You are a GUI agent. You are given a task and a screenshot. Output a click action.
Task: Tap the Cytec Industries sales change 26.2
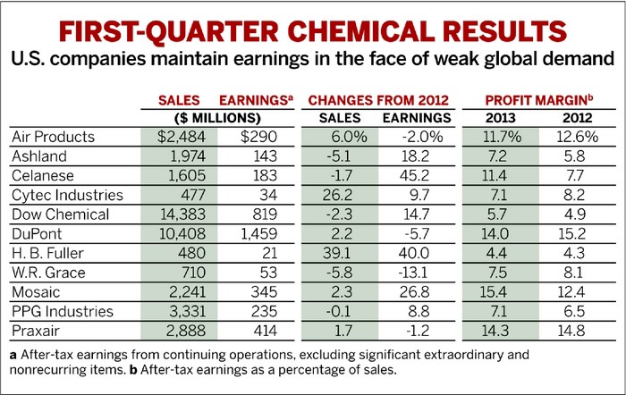pyautogui.click(x=340, y=196)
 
